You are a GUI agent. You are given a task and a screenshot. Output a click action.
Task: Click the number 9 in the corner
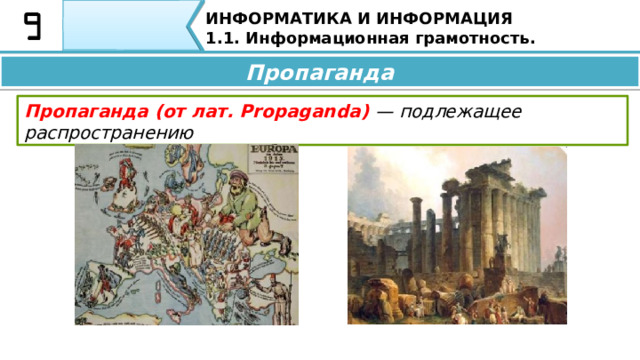[32, 26]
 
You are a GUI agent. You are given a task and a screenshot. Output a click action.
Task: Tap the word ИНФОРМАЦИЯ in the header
[431, 19]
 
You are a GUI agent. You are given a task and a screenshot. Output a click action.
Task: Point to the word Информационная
[317, 38]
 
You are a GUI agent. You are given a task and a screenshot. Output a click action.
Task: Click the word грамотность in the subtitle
[467, 38]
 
